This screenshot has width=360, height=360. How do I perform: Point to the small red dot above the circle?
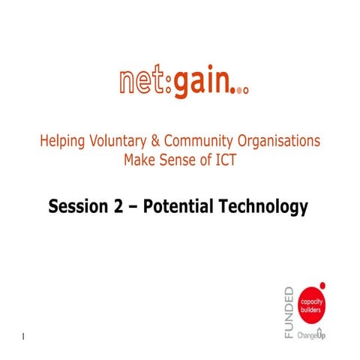[x=322, y=285]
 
